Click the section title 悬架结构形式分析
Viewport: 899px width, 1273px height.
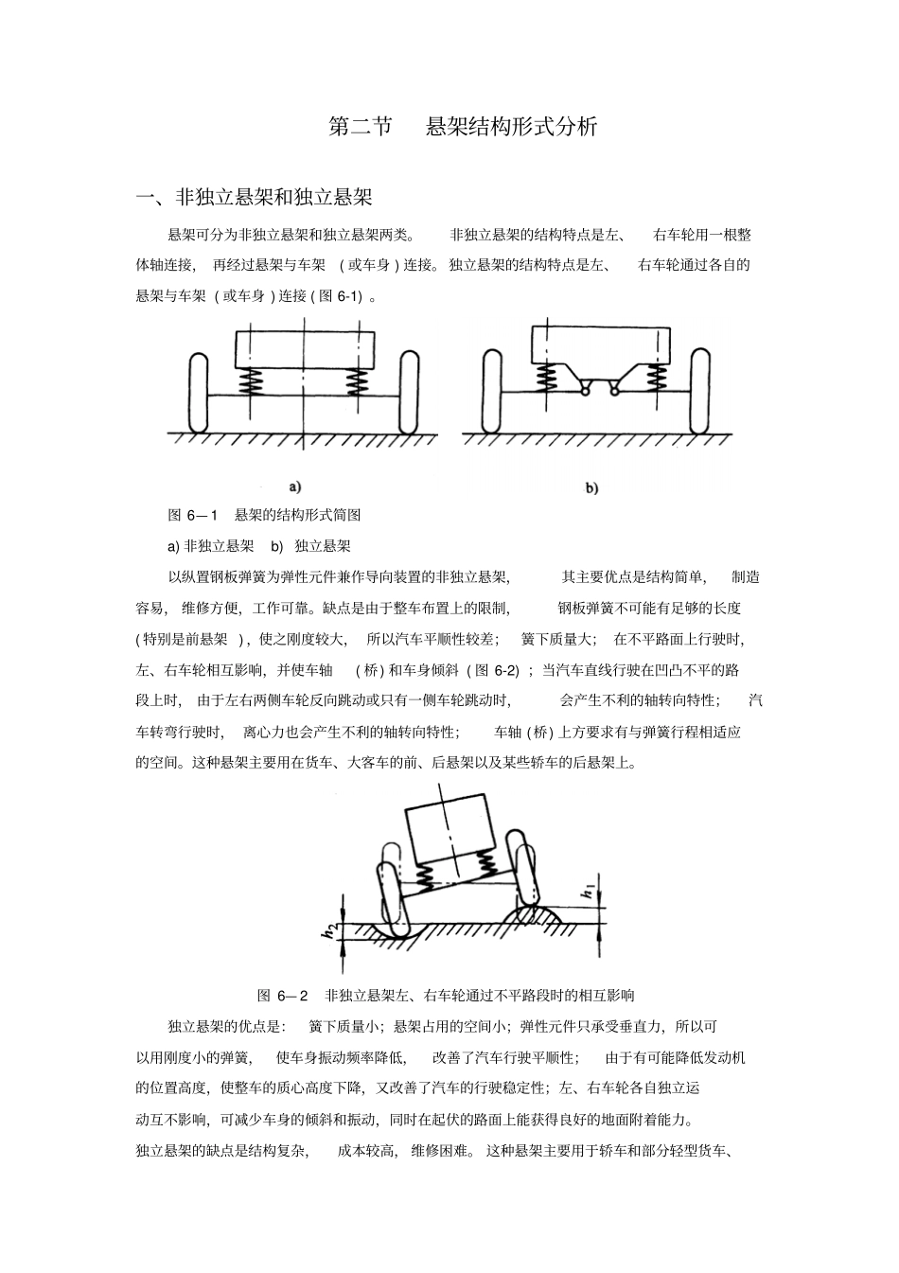pyautogui.click(x=511, y=128)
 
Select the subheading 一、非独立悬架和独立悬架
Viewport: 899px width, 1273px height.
pyautogui.click(x=255, y=198)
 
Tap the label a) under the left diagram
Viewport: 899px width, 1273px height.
pyautogui.click(x=295, y=487)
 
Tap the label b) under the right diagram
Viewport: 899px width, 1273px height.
pyautogui.click(x=591, y=488)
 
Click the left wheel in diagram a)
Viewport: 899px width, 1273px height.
pyautogui.click(x=199, y=393)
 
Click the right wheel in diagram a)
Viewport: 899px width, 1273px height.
pyautogui.click(x=409, y=393)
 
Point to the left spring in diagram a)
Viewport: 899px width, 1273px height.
pyautogui.click(x=252, y=382)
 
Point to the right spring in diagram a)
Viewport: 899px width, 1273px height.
pyautogui.click(x=357, y=382)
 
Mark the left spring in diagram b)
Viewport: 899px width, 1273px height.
pyautogui.click(x=546, y=378)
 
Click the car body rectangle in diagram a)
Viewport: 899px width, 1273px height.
pyautogui.click(x=304, y=348)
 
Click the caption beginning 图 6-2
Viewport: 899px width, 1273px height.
pyautogui.click(x=446, y=995)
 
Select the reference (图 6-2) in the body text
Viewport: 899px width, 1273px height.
pyautogui.click(x=493, y=671)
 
